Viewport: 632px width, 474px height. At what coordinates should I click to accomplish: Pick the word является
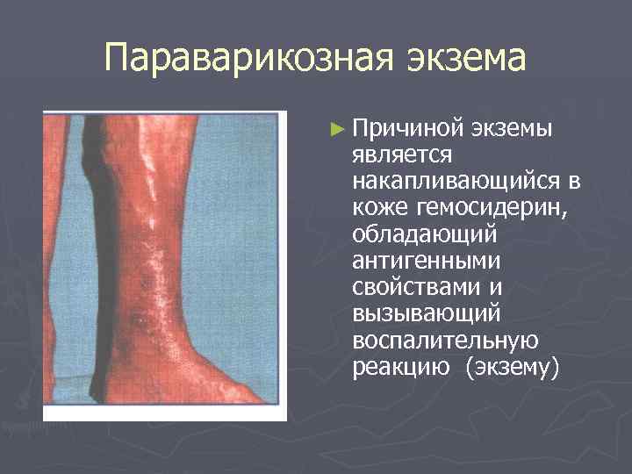401,154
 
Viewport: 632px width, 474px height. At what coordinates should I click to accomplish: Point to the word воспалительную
444,340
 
